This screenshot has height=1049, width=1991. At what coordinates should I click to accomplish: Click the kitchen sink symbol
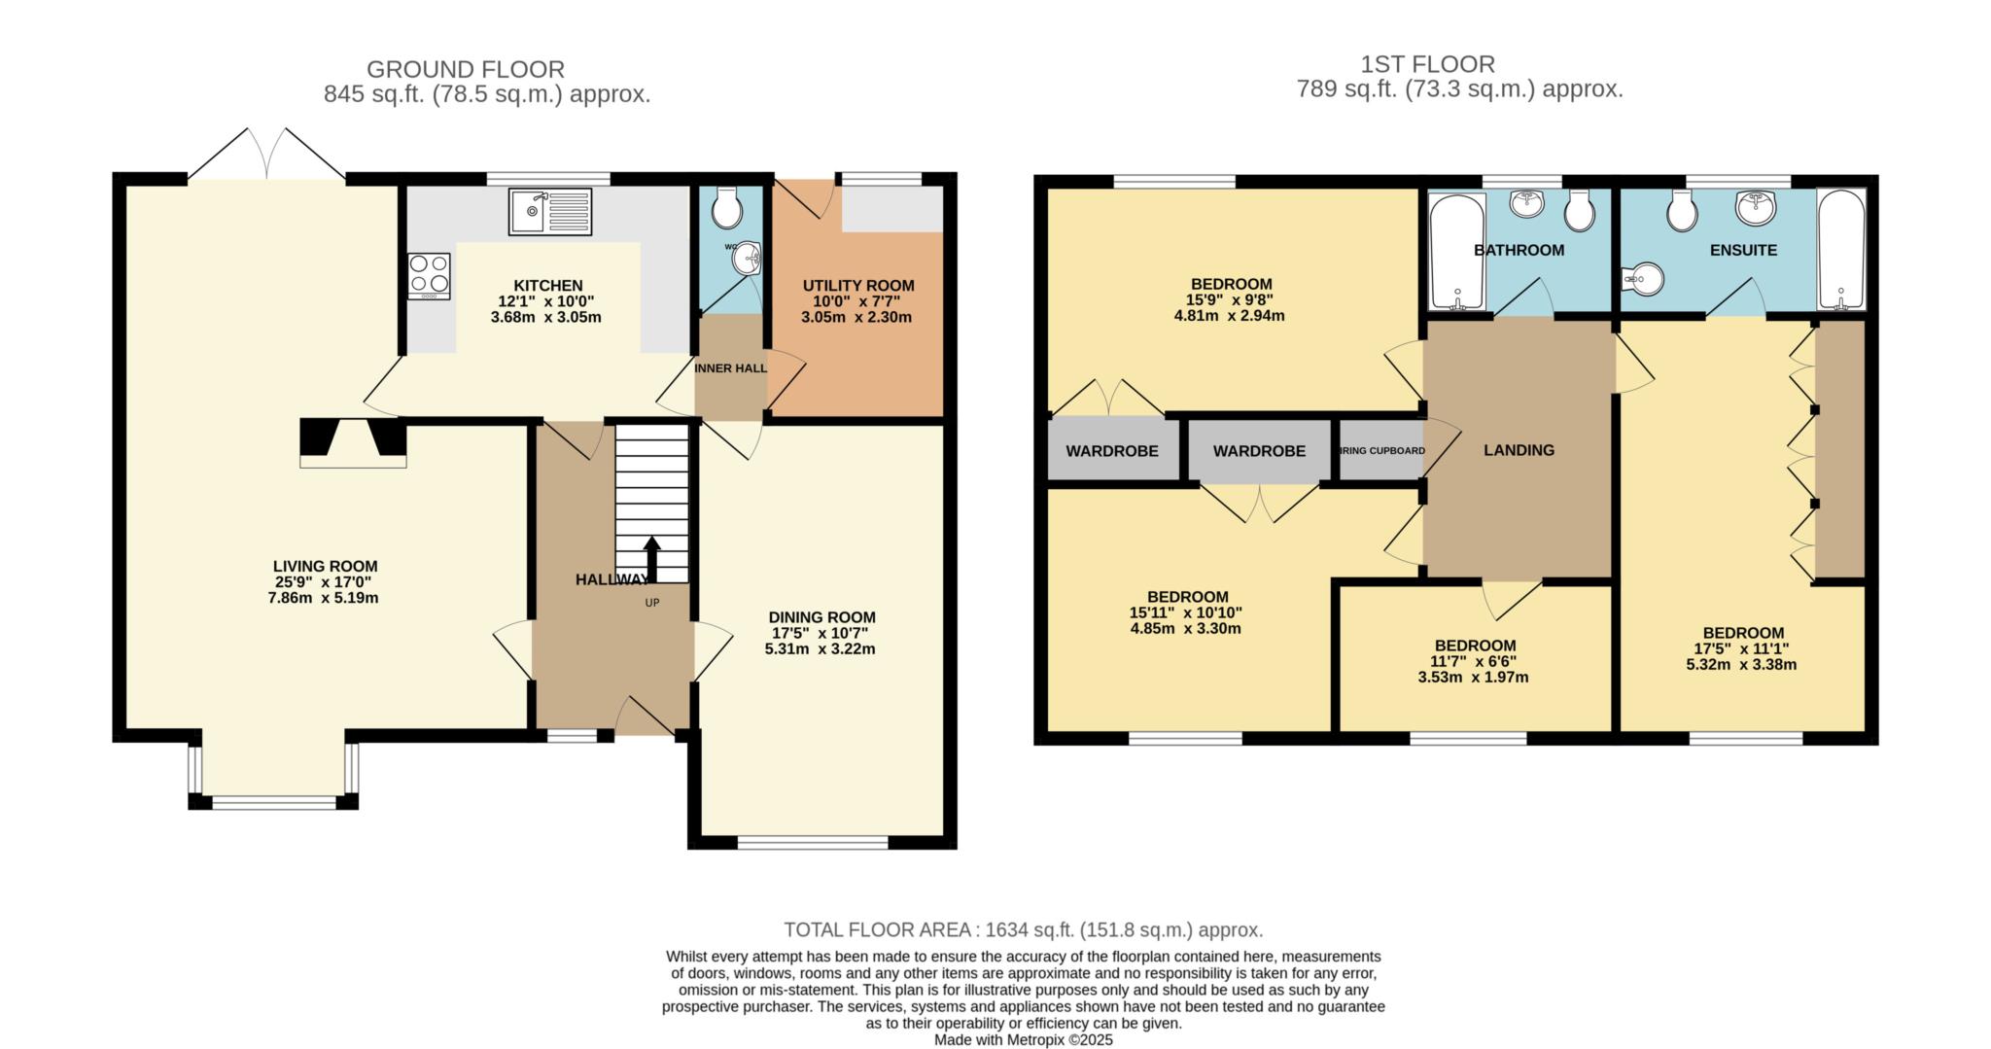coord(549,211)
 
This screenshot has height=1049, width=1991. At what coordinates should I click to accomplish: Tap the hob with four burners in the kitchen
coord(429,275)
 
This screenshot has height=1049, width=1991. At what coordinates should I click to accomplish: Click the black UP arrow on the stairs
coord(651,559)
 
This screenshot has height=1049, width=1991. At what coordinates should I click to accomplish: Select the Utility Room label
coord(857,285)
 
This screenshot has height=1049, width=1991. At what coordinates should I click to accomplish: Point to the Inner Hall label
coord(730,368)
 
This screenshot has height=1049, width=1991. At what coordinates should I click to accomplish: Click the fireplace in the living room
coord(353,442)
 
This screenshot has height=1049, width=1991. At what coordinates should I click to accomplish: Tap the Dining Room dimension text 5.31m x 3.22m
coord(820,648)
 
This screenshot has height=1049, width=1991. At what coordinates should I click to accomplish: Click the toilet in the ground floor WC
coord(726,207)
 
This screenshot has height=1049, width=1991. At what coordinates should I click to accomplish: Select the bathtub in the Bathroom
coord(1455,250)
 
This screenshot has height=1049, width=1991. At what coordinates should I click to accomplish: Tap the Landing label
coord(1519,450)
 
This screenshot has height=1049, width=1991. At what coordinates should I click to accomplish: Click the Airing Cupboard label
coord(1381,451)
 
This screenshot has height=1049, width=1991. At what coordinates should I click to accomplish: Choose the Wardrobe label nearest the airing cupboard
coord(1259,451)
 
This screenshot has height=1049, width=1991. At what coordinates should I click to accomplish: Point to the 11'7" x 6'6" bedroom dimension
coord(1475,661)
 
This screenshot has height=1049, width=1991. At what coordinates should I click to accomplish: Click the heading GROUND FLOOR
coord(465,69)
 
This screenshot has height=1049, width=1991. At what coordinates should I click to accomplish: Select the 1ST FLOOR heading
coord(1427,64)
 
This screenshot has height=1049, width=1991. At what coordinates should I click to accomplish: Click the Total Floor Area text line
coord(1023,929)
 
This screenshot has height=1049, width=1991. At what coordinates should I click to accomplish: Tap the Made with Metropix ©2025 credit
coord(1023,1039)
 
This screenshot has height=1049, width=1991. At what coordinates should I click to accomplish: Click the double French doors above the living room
coord(266,156)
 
